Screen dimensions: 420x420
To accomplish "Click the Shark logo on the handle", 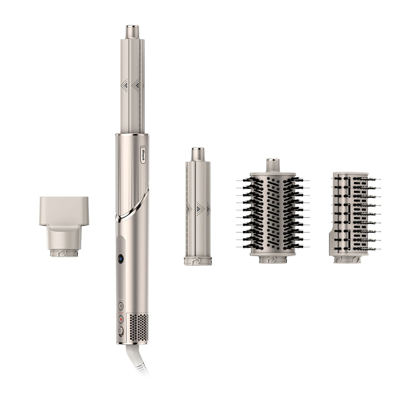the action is coord(143,154).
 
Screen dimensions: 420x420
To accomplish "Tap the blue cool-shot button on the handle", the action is coord(121,259).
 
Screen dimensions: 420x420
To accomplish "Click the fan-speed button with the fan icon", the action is coord(121,306).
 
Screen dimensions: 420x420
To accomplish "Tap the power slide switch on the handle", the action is coord(121,331).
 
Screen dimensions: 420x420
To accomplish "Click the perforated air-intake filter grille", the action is coord(139,328).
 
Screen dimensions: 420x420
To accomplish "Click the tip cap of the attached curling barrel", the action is coord(133,32).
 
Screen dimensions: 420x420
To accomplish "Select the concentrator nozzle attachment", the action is coord(64,227).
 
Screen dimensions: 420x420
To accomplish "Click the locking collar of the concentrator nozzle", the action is coord(64,253).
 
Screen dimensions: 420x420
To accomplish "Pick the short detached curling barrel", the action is coord(198,206).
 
